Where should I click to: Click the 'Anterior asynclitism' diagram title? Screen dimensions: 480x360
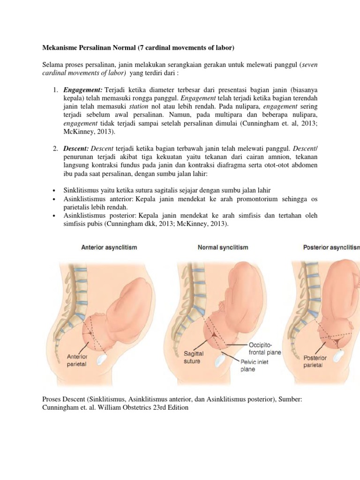pyautogui.click(x=109, y=247)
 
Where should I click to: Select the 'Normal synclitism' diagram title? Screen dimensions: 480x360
pyautogui.click(x=223, y=247)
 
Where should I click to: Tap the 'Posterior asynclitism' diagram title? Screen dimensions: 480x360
pyautogui.click(x=328, y=247)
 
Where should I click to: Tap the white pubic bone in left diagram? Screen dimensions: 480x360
pyautogui.click(x=103, y=359)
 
